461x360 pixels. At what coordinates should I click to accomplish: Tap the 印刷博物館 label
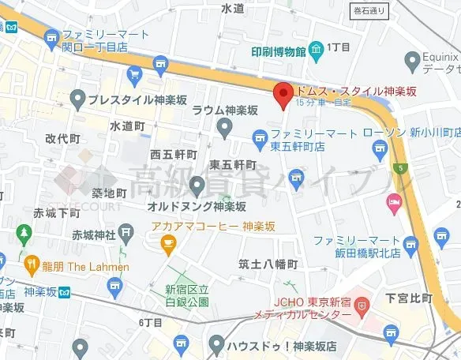coord(273,52)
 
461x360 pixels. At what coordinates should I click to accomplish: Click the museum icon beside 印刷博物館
coord(317,52)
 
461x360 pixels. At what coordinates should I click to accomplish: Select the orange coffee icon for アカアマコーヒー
coord(167,246)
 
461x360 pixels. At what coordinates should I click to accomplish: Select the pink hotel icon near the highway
coord(392,204)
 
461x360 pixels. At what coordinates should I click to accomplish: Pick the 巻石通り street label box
coord(369,9)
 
